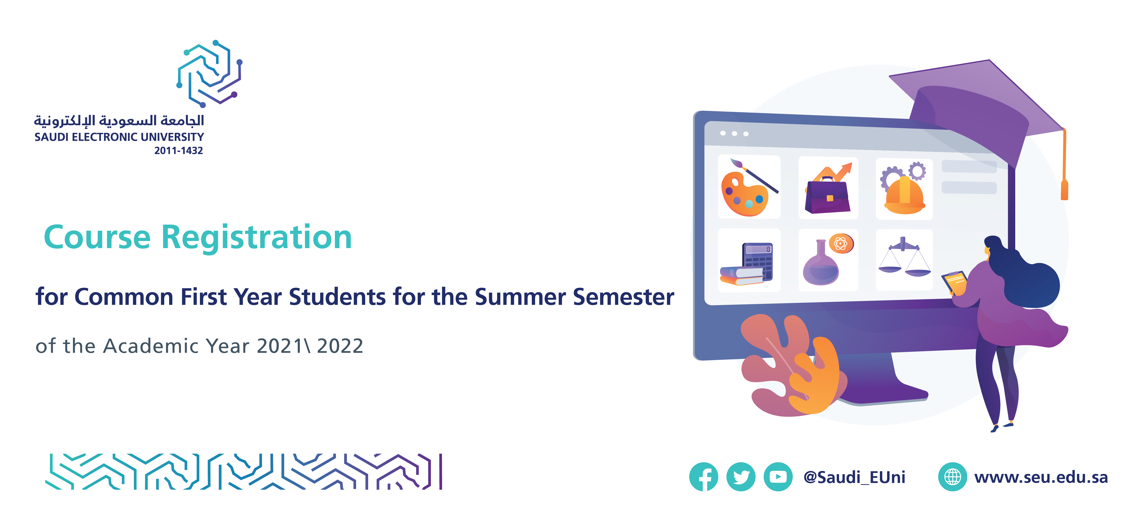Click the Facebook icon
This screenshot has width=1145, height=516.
704,477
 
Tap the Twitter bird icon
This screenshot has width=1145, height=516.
741,477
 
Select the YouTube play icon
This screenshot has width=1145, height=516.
778,477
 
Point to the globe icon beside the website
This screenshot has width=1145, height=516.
952,477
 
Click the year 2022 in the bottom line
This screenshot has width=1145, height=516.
340,346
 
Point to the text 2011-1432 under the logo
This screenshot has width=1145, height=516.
179,151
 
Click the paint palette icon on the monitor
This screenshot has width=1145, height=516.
749,187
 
